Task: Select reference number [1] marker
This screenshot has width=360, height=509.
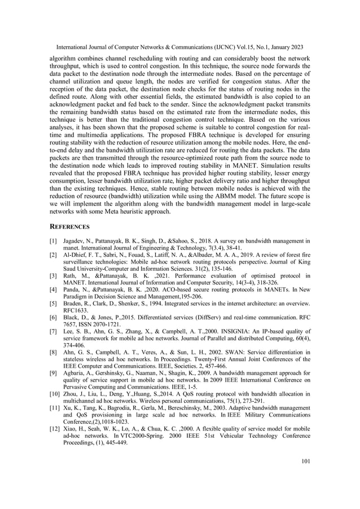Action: (54, 241)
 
